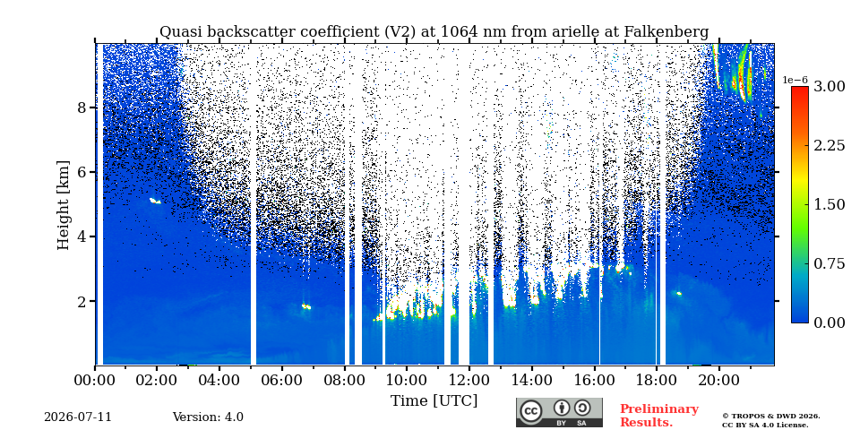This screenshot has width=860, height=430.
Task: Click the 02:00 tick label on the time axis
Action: click(x=158, y=380)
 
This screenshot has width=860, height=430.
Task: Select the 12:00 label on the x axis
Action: click(x=469, y=380)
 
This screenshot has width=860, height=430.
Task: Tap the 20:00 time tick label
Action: click(x=719, y=380)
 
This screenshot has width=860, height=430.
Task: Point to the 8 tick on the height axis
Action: click(x=81, y=107)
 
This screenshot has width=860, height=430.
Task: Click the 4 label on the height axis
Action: click(x=81, y=236)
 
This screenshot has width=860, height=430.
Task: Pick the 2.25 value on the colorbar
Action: click(x=829, y=145)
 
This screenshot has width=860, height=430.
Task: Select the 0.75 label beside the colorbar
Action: click(x=829, y=263)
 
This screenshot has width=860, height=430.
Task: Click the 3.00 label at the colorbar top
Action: click(x=829, y=86)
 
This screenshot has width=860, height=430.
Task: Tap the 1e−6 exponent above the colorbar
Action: click(x=795, y=80)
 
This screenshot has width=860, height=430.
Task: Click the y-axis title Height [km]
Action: click(x=64, y=205)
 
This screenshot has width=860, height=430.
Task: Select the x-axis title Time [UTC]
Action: click(x=434, y=401)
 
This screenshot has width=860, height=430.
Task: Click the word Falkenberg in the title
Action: click(x=666, y=32)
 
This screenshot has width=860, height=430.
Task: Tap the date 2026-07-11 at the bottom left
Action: click(x=78, y=417)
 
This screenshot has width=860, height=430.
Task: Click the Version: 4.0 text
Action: click(x=208, y=417)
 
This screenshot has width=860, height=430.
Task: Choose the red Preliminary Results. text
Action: click(x=659, y=416)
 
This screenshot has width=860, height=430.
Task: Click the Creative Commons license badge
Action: click(x=559, y=412)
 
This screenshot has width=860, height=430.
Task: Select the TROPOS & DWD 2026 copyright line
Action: click(x=771, y=417)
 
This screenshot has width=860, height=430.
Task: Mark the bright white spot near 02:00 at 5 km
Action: click(x=155, y=202)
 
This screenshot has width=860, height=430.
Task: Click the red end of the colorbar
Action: click(x=800, y=90)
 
